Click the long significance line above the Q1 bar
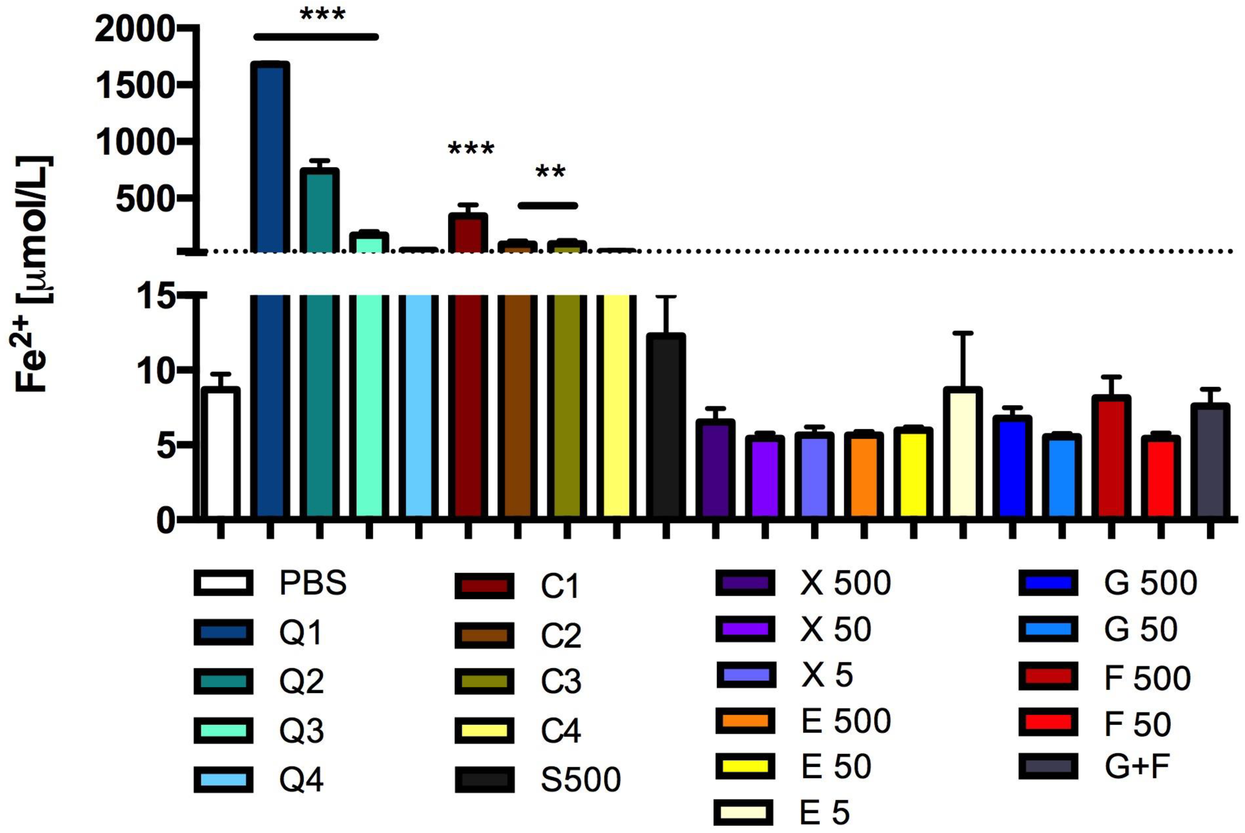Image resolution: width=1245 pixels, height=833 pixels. (316, 37)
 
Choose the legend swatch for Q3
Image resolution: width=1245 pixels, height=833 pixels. (223, 730)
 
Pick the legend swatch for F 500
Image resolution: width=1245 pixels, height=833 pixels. (1048, 676)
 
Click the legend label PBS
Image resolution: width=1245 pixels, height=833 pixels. (313, 583)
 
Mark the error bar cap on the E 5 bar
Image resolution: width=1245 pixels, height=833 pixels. (962, 333)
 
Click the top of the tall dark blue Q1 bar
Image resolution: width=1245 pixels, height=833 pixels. (270, 64)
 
